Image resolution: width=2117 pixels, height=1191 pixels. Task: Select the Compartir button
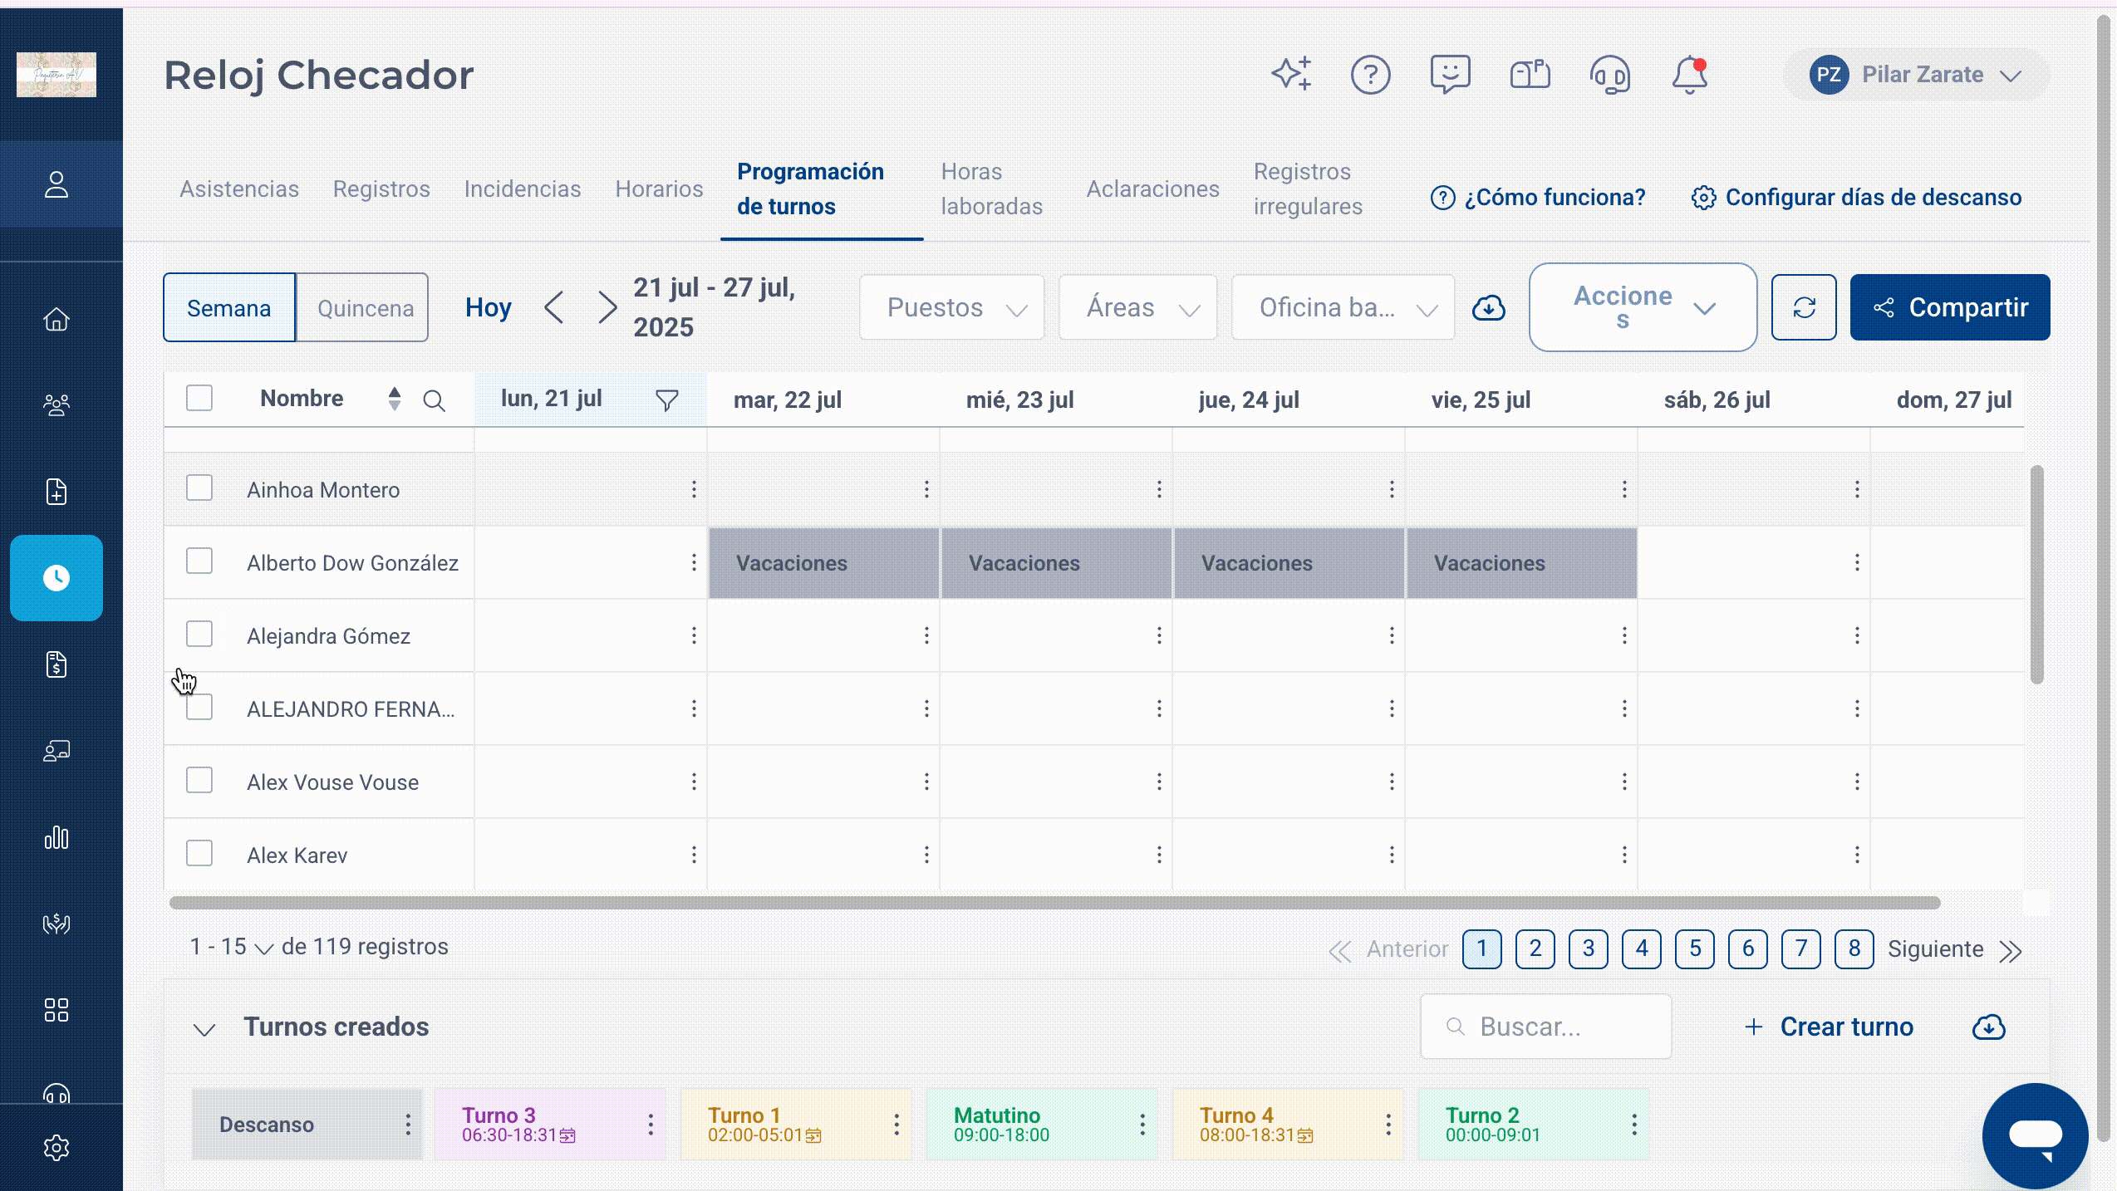1949,307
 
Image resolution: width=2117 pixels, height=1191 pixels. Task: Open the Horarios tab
659,189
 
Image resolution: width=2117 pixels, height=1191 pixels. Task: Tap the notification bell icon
1689,75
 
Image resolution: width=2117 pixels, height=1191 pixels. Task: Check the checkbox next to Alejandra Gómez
199,635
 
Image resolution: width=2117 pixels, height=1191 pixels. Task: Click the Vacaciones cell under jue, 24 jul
1289,563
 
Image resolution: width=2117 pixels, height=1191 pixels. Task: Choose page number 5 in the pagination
1695,948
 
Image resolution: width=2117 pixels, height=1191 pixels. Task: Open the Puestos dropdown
952,307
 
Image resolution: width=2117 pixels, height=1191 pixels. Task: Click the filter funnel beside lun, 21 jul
666,400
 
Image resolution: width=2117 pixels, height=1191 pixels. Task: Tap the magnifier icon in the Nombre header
434,400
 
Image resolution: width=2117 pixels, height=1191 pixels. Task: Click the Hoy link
488,307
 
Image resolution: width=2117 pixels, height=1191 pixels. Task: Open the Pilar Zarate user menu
1916,75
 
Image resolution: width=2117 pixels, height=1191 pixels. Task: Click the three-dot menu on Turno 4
1388,1125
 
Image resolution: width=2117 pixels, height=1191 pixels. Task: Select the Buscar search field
1545,1027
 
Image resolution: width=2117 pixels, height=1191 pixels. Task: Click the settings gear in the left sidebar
56,1148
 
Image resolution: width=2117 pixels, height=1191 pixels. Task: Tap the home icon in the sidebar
56,319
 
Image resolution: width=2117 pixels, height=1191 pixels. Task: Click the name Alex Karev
297,855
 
